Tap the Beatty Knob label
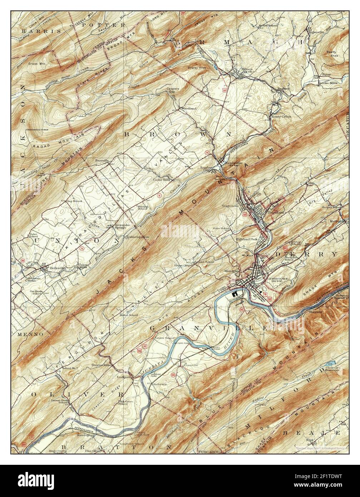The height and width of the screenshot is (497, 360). [332, 54]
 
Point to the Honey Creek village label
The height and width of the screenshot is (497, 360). [283, 117]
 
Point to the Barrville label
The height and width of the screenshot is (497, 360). [102, 161]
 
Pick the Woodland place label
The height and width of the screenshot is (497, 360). [189, 108]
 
